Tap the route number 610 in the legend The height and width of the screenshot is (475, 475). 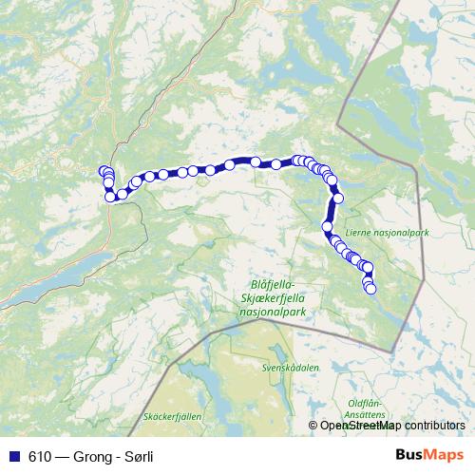click(39, 456)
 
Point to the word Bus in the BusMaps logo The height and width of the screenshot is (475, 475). click(408, 455)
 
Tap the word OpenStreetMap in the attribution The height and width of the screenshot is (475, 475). click(363, 426)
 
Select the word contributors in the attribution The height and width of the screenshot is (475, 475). click(436, 426)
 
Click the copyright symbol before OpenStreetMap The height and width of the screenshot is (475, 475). click(313, 426)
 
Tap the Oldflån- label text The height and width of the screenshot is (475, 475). click(364, 403)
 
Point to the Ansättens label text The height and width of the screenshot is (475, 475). click(364, 414)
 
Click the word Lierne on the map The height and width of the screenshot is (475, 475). click(358, 229)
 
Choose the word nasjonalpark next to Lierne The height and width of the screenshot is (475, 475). click(399, 229)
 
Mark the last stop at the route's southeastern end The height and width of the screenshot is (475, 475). click(370, 288)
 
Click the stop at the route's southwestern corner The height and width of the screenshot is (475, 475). click(110, 197)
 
